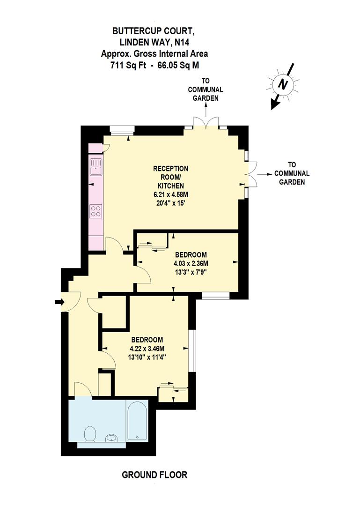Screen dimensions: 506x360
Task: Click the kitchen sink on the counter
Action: coord(96,167)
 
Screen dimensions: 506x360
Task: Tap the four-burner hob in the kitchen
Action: coord(96,211)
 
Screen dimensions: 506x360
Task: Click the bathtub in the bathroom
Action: coord(137,420)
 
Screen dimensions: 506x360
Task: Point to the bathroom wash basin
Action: coord(111,438)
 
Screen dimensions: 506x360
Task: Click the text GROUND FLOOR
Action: coord(154,475)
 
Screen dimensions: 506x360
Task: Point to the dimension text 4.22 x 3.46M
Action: coord(147,348)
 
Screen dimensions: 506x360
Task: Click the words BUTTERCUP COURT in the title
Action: coord(153,31)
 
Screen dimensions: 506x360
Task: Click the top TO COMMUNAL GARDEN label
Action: coord(206,89)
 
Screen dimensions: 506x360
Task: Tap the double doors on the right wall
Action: coord(251,174)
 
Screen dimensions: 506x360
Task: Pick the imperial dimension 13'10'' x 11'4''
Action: coord(147,357)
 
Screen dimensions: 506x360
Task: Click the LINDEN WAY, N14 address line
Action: coord(153,43)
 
